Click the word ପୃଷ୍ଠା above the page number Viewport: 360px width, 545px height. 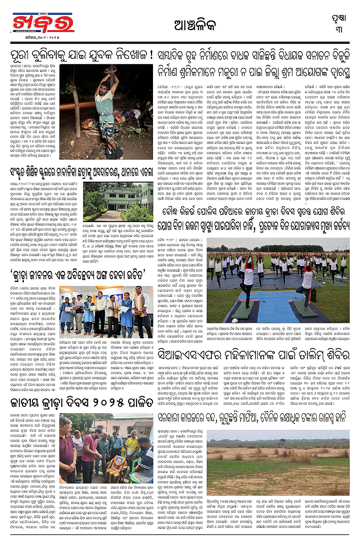point(342,16)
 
